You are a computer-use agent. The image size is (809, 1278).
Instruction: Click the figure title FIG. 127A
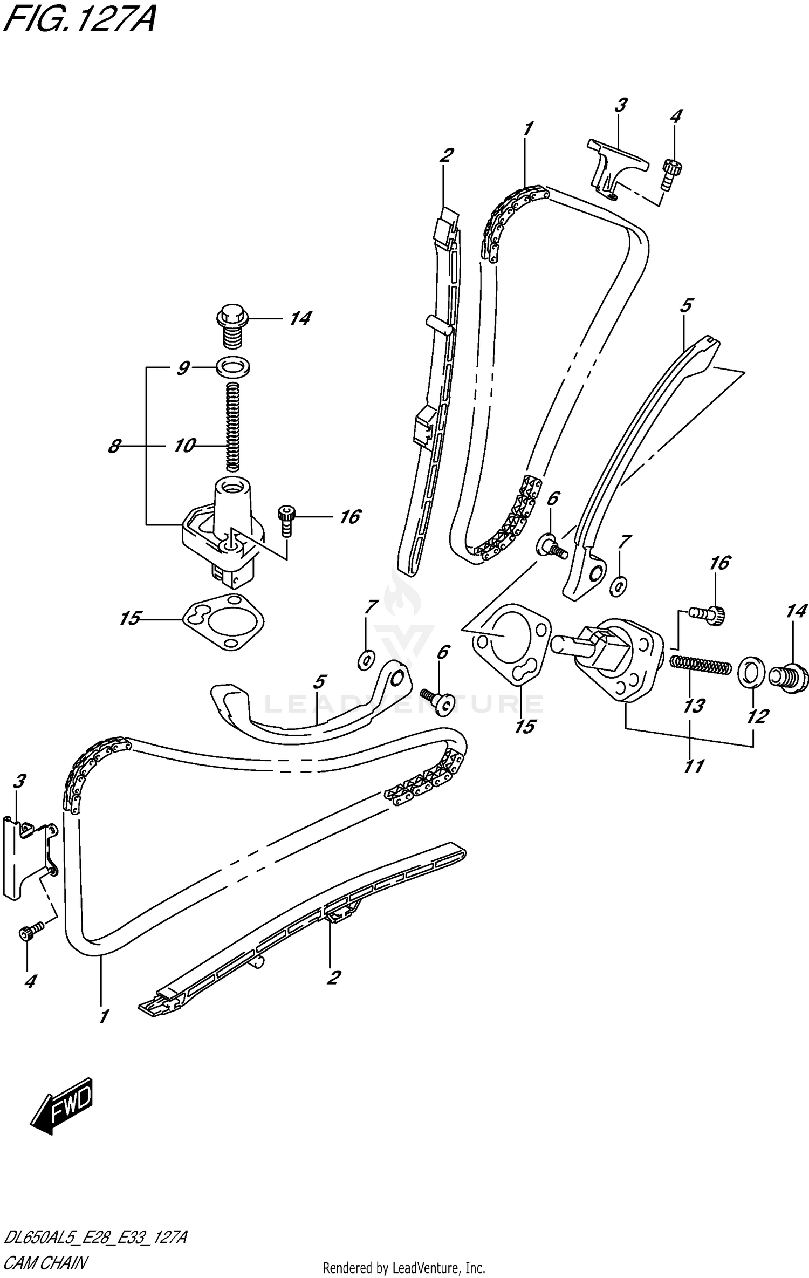[78, 20]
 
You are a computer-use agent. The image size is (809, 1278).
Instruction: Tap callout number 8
[114, 447]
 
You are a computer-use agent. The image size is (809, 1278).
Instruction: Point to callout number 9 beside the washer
[183, 368]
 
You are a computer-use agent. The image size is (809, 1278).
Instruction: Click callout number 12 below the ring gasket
[757, 716]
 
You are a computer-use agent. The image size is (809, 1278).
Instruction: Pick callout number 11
[694, 766]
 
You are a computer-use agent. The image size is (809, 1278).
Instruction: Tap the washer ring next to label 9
[234, 368]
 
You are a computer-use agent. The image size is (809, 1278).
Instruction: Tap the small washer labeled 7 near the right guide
[619, 585]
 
